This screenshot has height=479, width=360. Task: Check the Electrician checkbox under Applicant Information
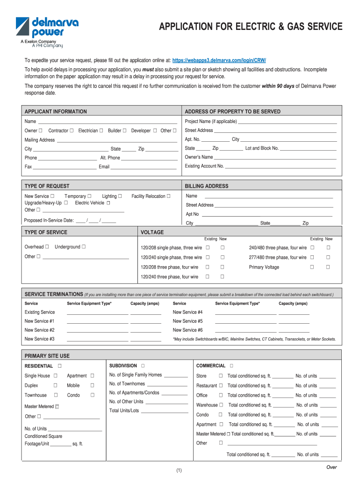[101, 131]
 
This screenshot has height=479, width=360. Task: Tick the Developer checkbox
[155, 131]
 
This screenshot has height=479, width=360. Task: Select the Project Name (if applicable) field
[288, 122]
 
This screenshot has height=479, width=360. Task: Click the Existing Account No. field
[281, 166]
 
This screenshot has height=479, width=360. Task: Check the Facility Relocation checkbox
[169, 196]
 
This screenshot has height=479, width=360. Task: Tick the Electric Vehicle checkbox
[108, 203]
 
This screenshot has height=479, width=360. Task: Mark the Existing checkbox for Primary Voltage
[312, 267]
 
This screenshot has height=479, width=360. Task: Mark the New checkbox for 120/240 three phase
[223, 277]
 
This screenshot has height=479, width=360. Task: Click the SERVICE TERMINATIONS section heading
[53, 294]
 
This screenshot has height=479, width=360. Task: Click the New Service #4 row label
[187, 312]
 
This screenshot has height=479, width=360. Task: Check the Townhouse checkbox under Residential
[55, 395]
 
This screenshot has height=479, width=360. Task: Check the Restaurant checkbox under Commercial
[221, 386]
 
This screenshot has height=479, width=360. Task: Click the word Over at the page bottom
[331, 467]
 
